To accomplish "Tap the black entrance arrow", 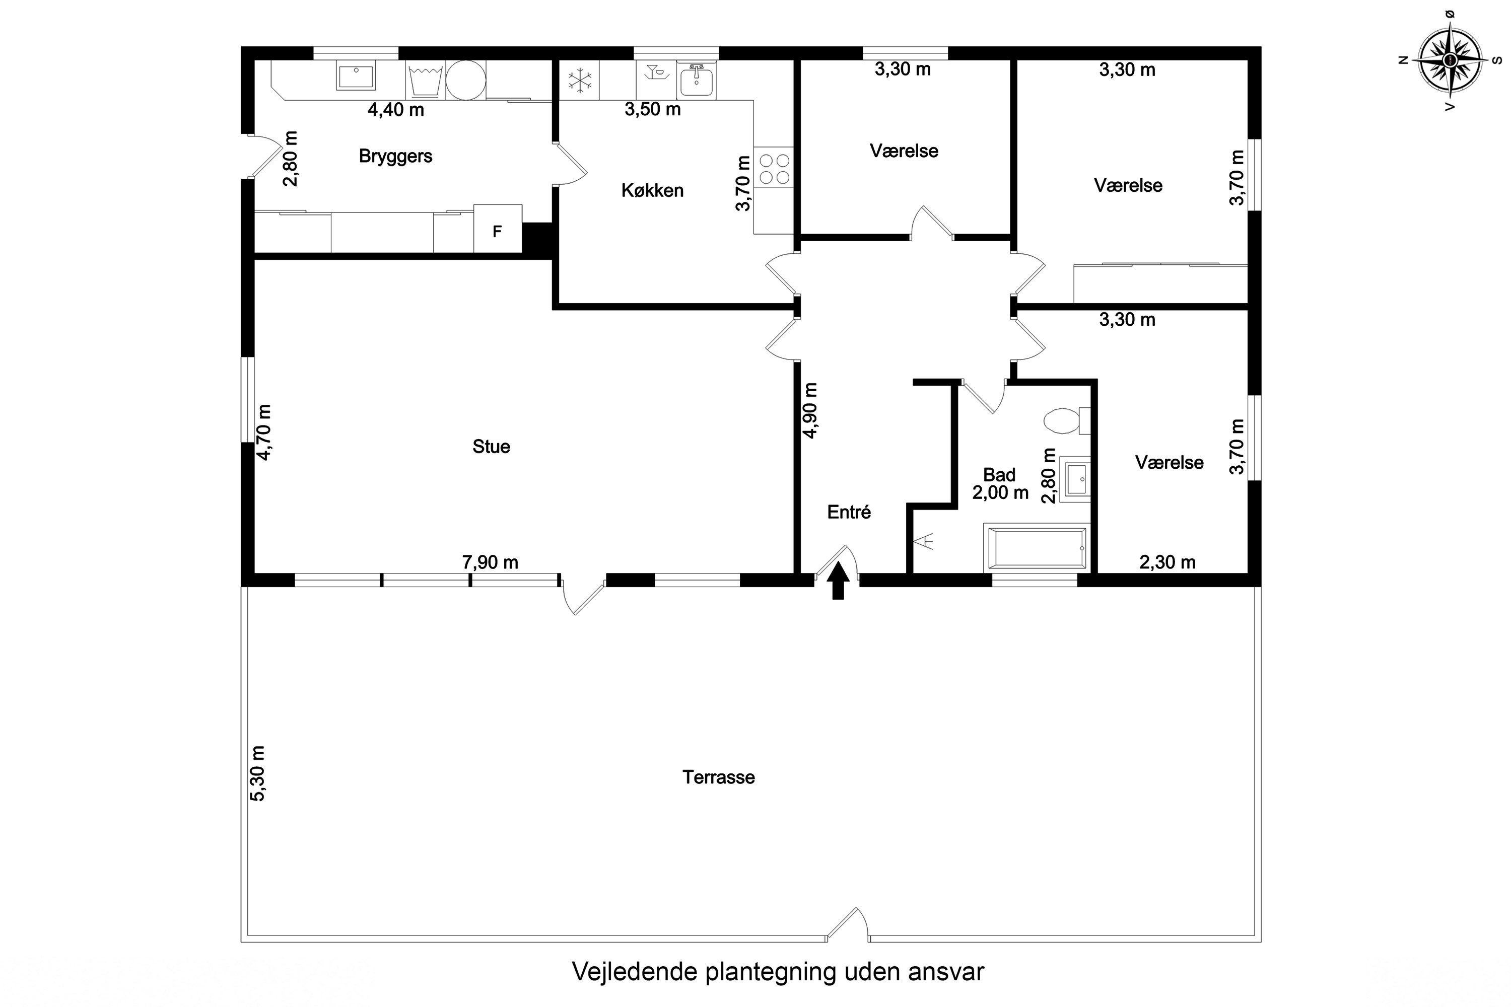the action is click(838, 581).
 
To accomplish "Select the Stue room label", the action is click(492, 446).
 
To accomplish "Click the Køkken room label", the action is click(652, 190).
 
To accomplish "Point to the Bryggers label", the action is click(396, 156).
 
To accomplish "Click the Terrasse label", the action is click(718, 777).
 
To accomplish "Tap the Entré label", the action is click(849, 512).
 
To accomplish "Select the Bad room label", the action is click(999, 475).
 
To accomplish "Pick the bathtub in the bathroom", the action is click(1036, 548).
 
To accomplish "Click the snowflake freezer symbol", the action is click(580, 80).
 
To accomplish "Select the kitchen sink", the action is click(696, 80).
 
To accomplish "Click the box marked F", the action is click(497, 229).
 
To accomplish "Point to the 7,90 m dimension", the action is click(490, 562).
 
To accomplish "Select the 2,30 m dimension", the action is click(1167, 562).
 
